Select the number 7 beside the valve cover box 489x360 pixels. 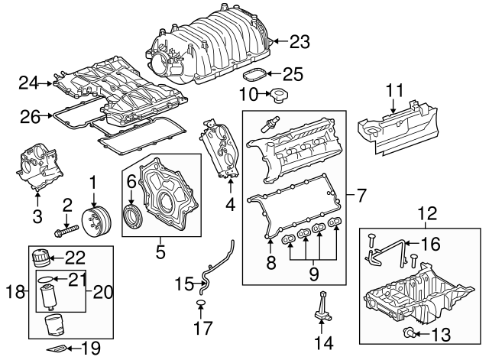[x=360, y=196]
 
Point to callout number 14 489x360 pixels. [x=325, y=343]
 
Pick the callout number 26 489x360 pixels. [x=31, y=117]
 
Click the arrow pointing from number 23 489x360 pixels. [x=280, y=41]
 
